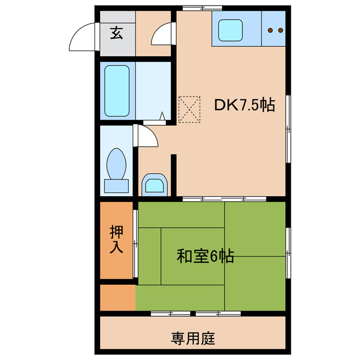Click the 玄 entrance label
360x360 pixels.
[x=116, y=33]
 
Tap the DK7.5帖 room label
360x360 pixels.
[x=244, y=105]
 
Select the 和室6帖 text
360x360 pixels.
[x=205, y=256]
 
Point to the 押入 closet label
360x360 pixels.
[x=116, y=239]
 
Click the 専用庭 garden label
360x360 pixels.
[x=193, y=339]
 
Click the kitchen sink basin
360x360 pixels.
[x=229, y=30]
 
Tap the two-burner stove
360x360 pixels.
[x=275, y=30]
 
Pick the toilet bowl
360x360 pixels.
[x=116, y=163]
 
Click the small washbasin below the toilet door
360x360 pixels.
[x=154, y=184]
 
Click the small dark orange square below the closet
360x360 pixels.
[x=118, y=297]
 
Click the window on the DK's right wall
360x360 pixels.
[x=288, y=129]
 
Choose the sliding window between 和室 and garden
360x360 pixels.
[x=195, y=313]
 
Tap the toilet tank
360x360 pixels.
[x=116, y=185]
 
